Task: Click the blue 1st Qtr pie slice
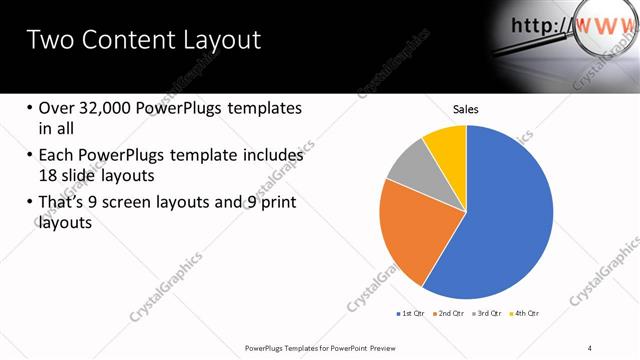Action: coord(505,215)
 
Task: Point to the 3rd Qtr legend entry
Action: coord(487,314)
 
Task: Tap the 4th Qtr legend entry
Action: coord(526,314)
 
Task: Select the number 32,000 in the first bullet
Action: coord(109,108)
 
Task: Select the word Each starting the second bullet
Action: coord(58,156)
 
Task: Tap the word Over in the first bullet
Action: coord(57,108)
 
